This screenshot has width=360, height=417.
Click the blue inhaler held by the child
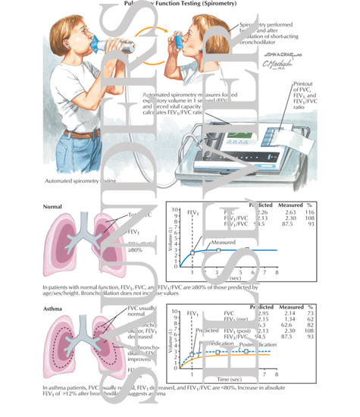coord(177,40)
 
